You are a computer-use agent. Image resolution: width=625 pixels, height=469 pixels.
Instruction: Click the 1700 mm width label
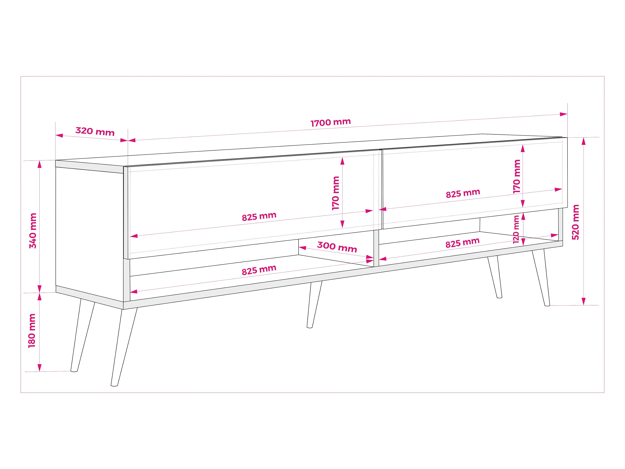pos(331,122)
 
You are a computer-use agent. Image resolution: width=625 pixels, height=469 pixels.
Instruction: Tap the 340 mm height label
pos(33,231)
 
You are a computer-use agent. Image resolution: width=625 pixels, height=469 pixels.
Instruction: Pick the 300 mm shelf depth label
pos(337,247)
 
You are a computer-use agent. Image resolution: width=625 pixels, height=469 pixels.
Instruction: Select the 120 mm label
pos(516,229)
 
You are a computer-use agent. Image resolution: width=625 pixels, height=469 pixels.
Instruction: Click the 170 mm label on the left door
pos(336,193)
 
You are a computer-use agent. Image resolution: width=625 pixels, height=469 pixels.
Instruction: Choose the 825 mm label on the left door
pos(259,217)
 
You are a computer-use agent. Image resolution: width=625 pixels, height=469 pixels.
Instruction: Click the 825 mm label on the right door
pos(463,193)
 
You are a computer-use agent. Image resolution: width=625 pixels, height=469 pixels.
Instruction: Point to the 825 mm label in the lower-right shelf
pos(462,243)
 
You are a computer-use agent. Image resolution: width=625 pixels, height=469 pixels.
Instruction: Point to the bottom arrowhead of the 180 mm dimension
pos(40,367)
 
